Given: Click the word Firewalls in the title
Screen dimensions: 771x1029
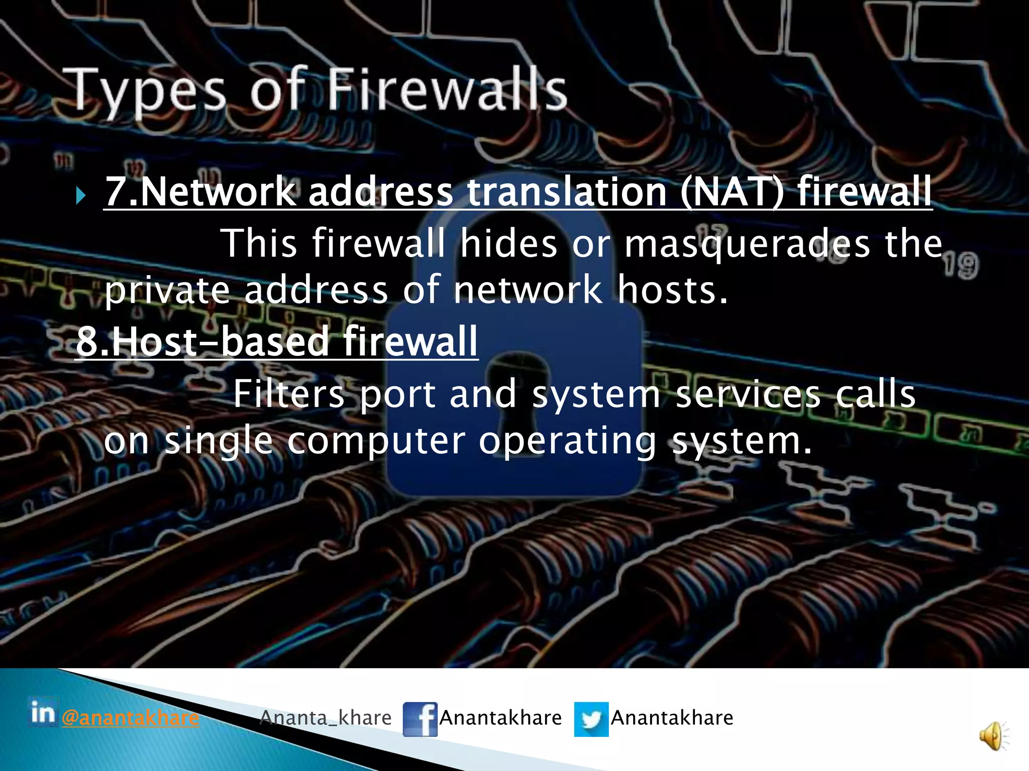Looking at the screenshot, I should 447,90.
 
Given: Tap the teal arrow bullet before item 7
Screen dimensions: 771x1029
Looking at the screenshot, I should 81,195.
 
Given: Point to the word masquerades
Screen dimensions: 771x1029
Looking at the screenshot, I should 747,244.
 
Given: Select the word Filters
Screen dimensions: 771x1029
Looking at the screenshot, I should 289,394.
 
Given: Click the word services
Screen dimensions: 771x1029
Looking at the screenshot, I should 748,394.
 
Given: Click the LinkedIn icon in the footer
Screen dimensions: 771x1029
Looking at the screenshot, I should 43,712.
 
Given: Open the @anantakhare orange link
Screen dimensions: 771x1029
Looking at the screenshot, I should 130,718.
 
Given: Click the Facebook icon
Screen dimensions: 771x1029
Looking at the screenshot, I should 420,719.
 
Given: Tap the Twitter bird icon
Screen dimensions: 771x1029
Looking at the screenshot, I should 591,719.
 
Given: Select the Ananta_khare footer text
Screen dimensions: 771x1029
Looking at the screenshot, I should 326,718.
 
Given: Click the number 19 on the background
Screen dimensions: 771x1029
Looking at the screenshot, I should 961,266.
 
